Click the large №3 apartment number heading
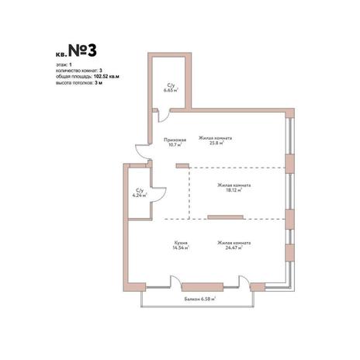click(x=82, y=50)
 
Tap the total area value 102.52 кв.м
click(x=106, y=77)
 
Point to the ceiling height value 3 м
click(x=99, y=83)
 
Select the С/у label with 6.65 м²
click(x=171, y=88)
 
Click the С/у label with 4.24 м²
click(x=140, y=193)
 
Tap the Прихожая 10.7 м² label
click(x=175, y=142)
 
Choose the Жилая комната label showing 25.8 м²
click(x=215, y=140)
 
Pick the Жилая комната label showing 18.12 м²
click(x=234, y=188)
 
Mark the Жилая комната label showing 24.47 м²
click(x=234, y=245)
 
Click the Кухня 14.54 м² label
click(x=181, y=245)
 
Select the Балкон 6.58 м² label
click(x=200, y=299)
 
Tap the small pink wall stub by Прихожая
click(x=182, y=166)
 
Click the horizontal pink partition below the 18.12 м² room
click(x=225, y=217)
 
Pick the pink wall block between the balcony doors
click(x=202, y=287)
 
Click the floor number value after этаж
click(x=70, y=64)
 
